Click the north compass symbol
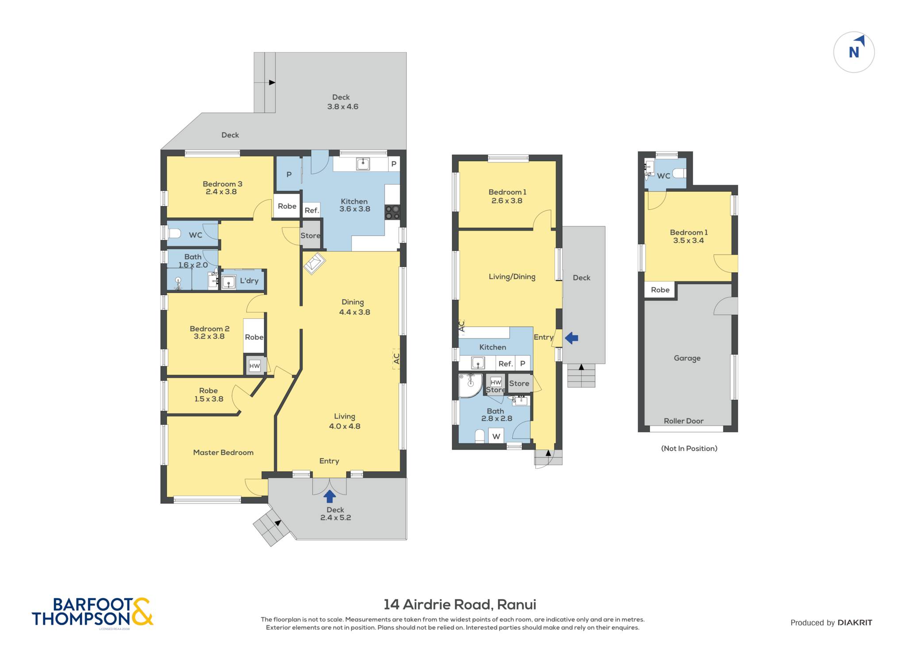point(854,52)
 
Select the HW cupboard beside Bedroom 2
point(254,366)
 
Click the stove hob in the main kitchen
point(392,212)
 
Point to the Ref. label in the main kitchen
point(311,211)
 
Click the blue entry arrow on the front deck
point(330,496)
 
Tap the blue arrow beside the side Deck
point(572,338)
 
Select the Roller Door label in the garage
point(683,421)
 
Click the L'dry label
point(249,281)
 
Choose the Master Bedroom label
point(223,453)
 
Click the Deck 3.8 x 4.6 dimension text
point(343,107)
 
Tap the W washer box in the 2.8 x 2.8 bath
point(496,436)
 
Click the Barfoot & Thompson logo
point(92,612)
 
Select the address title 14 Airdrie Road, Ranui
point(460,604)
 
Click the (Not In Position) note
point(689,449)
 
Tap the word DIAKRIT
point(855,623)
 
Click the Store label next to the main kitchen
point(310,236)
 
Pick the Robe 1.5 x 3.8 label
point(208,395)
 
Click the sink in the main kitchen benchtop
point(363,164)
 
